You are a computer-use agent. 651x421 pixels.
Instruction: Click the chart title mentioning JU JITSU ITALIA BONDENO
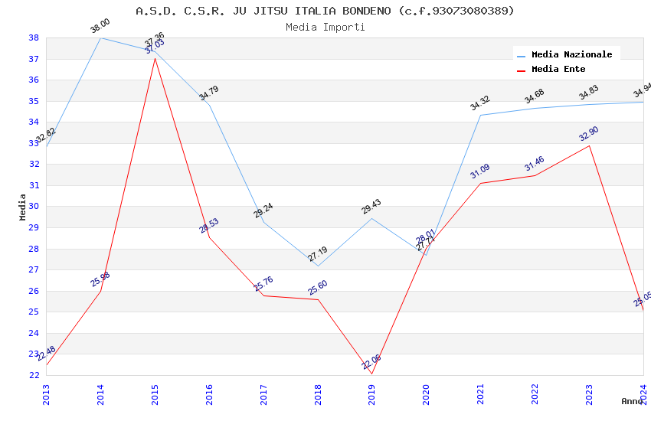pos(325,11)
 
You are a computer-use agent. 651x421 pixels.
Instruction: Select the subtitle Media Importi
pos(325,28)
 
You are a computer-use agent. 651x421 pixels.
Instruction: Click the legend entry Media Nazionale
pos(571,55)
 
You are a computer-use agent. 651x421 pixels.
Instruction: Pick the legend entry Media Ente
pos(558,70)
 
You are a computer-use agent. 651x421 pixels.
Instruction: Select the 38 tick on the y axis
pos(34,38)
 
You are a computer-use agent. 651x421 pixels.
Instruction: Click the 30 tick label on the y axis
pos(34,207)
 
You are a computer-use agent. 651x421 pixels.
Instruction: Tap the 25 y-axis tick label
pos(34,312)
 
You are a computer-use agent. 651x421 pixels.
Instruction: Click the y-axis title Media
pos(23,207)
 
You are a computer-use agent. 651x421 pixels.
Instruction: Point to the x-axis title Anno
pos(632,401)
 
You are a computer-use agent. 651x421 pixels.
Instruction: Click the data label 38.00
pos(100,27)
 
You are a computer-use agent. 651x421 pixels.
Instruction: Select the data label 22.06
pos(371,362)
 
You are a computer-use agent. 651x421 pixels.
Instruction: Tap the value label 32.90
pos(588,135)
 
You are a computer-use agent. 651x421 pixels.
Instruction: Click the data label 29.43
pos(371,207)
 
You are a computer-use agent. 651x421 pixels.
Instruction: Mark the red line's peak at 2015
pos(155,57)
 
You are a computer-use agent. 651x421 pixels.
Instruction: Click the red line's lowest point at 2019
pos(372,374)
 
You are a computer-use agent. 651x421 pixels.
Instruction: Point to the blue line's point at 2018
pos(318,266)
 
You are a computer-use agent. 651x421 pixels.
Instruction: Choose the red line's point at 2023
pos(589,145)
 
